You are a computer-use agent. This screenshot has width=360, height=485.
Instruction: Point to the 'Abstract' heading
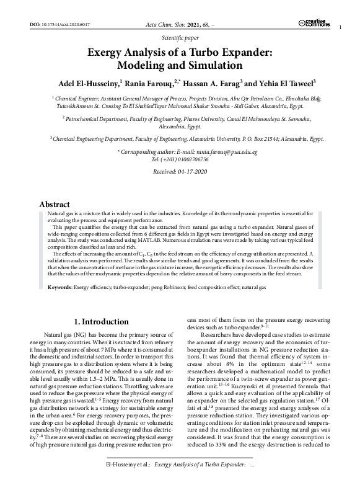point(55,204)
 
